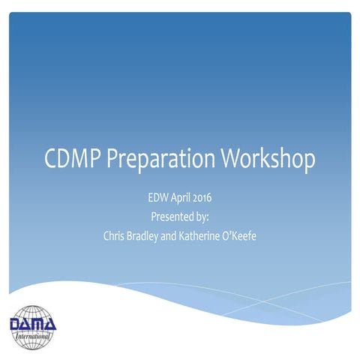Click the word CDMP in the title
tap(71, 159)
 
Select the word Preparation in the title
tap(154, 160)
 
